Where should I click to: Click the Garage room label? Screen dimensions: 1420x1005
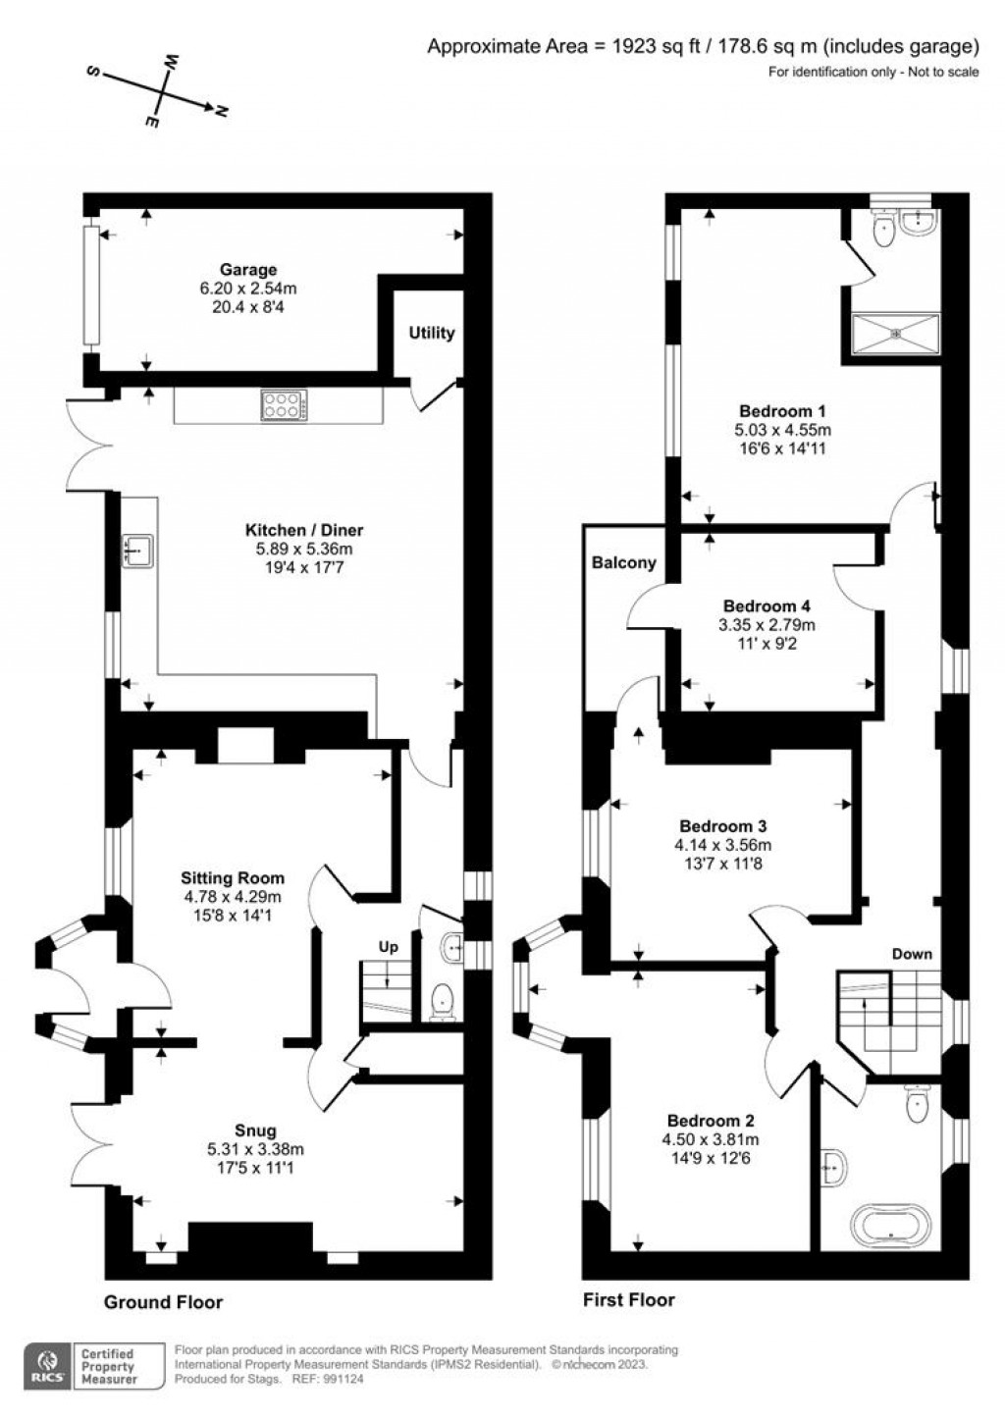pos(247,270)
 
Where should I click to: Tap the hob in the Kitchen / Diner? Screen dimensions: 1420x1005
pos(285,406)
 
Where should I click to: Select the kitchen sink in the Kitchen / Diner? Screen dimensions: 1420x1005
pos(136,551)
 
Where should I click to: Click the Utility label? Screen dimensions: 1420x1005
pos(431,333)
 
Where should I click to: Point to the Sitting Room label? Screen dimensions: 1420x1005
pos(233,878)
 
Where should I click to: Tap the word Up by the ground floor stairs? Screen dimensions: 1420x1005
pos(389,948)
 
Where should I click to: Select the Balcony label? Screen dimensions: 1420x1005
pos(623,563)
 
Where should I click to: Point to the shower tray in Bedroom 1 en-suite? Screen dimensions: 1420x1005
pos(895,334)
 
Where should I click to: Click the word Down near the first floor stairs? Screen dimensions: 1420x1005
pos(911,954)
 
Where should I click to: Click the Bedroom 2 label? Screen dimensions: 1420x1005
pos(711,1121)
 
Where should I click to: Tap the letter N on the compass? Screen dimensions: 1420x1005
pos(222,112)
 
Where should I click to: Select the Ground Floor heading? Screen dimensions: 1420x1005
pos(163,1302)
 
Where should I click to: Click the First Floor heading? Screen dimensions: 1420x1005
pos(628,1299)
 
